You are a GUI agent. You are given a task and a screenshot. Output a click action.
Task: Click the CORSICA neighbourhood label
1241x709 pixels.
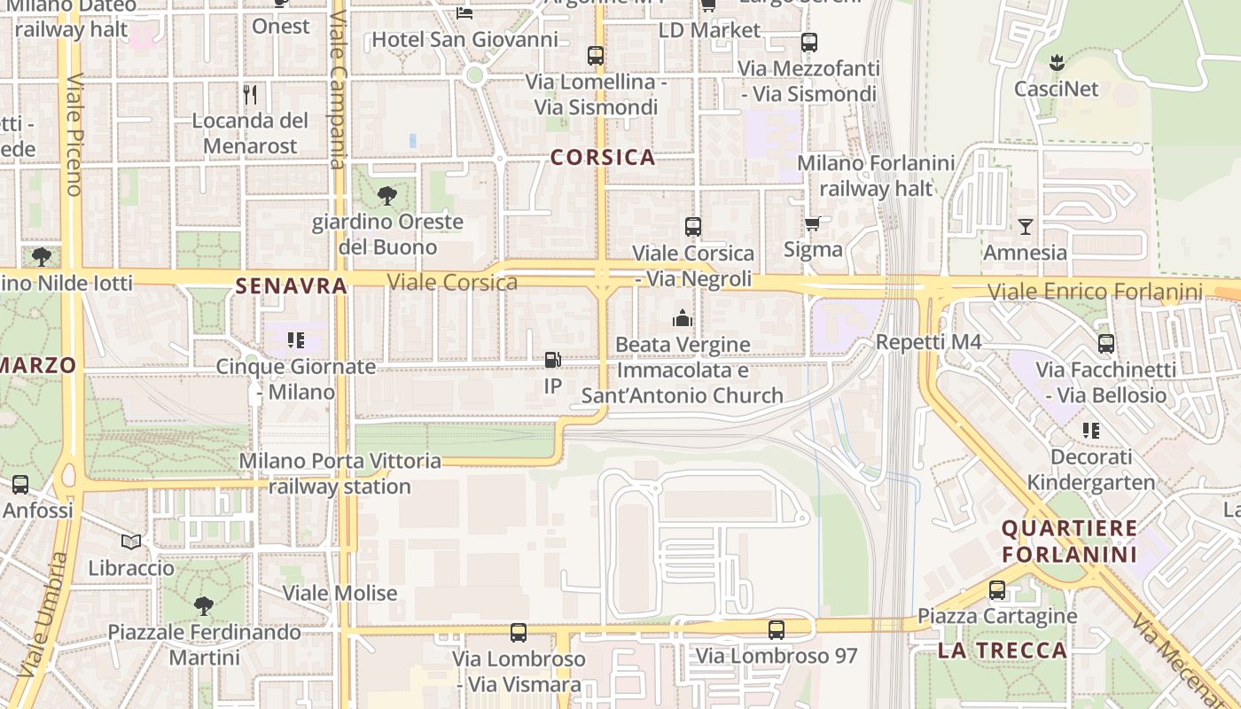(x=603, y=158)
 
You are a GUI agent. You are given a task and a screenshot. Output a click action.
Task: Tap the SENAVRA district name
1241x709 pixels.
(x=291, y=286)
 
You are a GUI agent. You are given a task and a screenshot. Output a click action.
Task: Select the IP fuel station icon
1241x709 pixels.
(x=552, y=360)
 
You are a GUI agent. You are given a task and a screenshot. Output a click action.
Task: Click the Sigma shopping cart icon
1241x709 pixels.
(x=812, y=223)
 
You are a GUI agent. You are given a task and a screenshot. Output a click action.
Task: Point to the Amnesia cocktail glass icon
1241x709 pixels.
(x=1025, y=226)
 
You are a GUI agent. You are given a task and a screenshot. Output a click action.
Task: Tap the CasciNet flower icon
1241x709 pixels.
(x=1056, y=63)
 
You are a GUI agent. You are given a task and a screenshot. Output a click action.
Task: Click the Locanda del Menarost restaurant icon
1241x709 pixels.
(x=250, y=94)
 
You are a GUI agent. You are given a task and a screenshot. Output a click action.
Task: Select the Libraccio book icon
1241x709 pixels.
(x=131, y=541)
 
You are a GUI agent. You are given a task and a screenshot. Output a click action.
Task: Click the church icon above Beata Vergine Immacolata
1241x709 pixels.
(x=682, y=317)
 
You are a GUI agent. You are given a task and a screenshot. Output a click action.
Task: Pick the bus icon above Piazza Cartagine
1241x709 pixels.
(x=997, y=589)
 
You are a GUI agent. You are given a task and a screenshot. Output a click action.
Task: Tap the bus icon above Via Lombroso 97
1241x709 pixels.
(x=777, y=630)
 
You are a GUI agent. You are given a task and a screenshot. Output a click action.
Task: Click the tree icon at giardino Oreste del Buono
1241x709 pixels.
(x=386, y=196)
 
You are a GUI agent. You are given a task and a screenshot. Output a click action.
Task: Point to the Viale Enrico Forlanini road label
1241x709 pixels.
(x=1095, y=292)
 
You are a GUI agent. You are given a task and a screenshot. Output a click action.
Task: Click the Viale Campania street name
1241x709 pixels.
(x=337, y=89)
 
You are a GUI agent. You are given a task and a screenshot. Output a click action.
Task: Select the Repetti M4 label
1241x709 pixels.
(x=928, y=342)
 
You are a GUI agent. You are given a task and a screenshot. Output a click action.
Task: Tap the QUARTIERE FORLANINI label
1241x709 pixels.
(x=1069, y=541)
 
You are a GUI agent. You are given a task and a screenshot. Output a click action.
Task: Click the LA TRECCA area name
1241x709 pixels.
(x=1003, y=651)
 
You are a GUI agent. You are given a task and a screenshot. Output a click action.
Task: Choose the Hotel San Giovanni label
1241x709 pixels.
(x=464, y=40)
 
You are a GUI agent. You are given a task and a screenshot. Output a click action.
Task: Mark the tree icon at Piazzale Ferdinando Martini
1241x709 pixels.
(x=204, y=606)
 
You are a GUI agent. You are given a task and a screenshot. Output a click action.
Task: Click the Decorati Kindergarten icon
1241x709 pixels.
(x=1090, y=431)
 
